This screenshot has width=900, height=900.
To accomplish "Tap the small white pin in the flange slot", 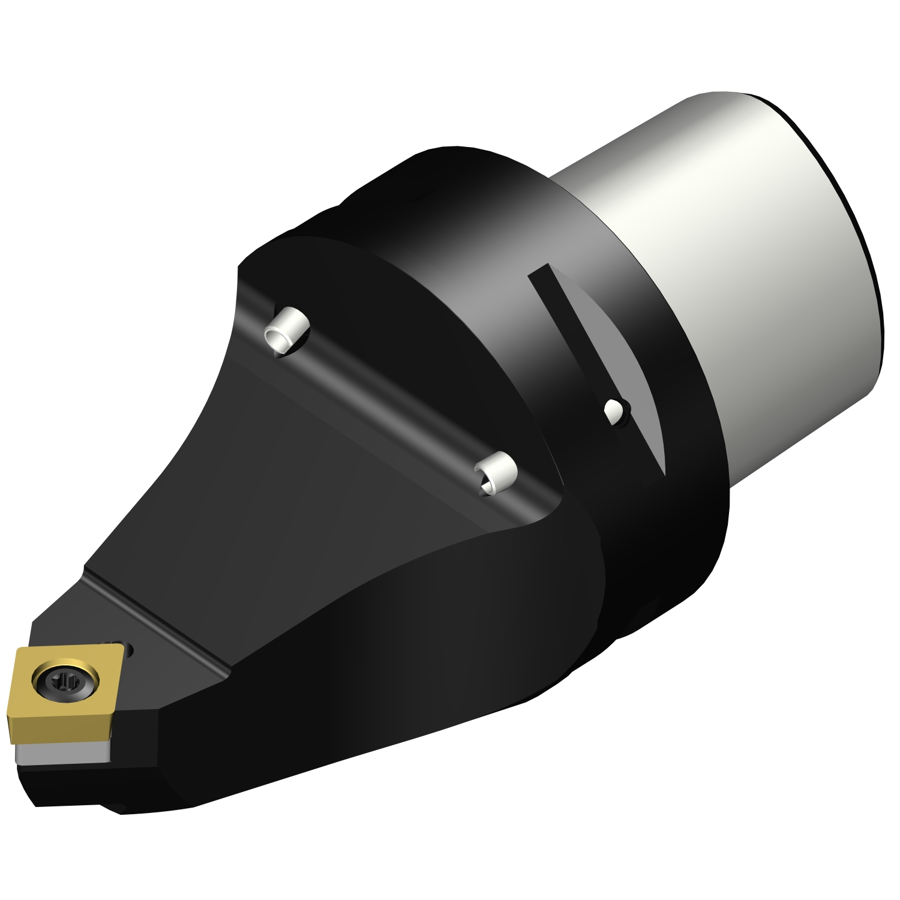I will [x=613, y=412].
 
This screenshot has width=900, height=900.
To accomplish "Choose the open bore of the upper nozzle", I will [x=279, y=341].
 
